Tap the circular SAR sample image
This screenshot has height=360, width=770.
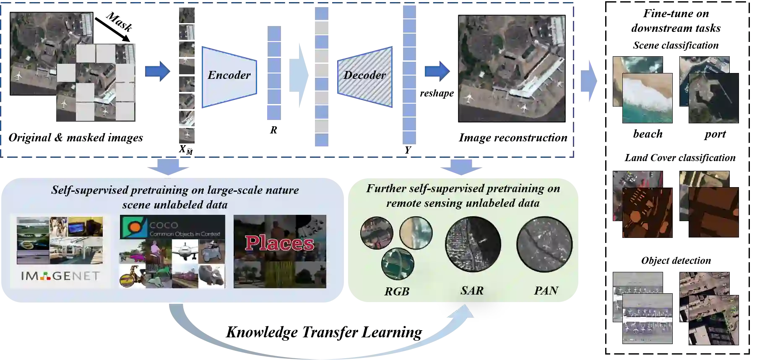(473, 244)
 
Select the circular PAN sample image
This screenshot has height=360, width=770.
(544, 244)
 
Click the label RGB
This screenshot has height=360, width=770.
(396, 291)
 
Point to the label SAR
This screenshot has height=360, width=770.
(472, 290)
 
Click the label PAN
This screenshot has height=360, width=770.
(546, 290)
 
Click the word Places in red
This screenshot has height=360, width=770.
(279, 243)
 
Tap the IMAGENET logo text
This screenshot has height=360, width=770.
(60, 276)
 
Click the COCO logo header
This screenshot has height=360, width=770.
(172, 227)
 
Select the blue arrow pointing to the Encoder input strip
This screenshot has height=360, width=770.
(157, 71)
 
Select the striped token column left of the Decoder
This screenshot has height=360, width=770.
(320, 77)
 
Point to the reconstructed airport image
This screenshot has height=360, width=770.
(512, 69)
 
